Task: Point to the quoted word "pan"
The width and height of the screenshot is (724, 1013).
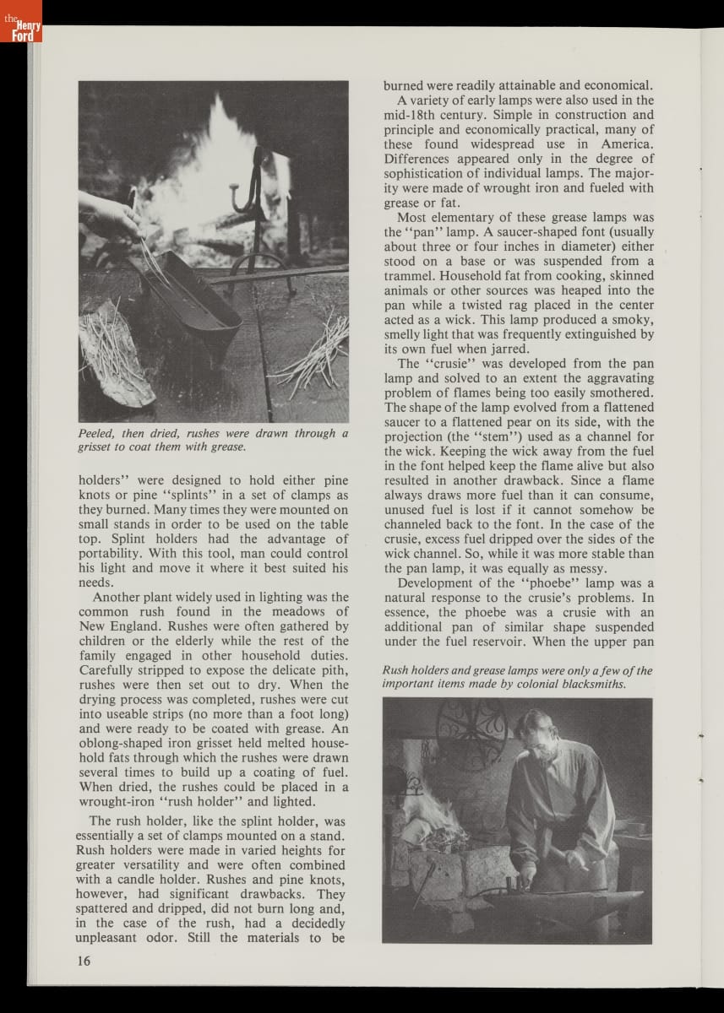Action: [420, 231]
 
